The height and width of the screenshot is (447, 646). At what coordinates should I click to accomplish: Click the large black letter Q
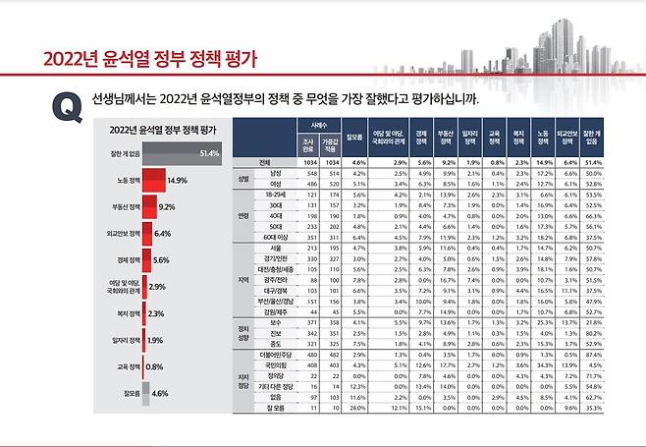coord(68,107)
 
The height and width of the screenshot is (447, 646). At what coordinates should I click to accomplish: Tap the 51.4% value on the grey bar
coord(208,154)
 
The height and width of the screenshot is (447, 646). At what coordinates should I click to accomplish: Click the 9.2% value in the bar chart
coord(166,208)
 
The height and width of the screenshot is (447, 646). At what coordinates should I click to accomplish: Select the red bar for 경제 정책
coord(146,260)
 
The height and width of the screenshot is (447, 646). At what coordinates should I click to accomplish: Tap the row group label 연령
coord(242,215)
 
